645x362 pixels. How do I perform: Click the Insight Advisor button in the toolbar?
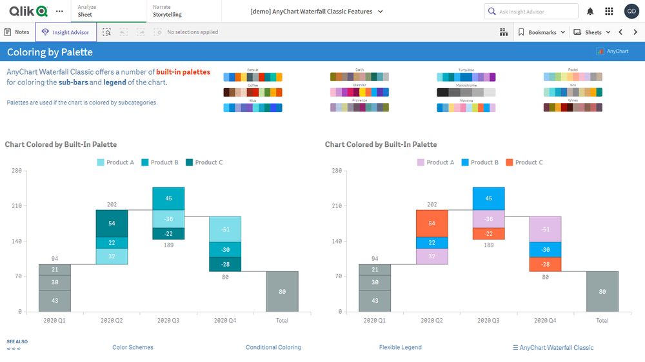click(x=66, y=32)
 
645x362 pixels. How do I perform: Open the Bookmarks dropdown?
click(x=542, y=32)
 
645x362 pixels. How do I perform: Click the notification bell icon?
click(x=590, y=12)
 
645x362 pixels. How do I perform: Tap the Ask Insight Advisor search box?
click(x=531, y=12)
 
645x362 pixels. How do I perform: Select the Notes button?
click(x=17, y=32)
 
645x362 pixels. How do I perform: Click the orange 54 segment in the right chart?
click(x=432, y=224)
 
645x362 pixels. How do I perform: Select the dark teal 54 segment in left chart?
click(x=112, y=224)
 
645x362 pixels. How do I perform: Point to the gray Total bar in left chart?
click(x=282, y=291)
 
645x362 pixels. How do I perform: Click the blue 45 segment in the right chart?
click(x=489, y=198)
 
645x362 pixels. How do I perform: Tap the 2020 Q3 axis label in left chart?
click(x=168, y=320)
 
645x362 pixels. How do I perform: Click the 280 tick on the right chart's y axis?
click(x=337, y=171)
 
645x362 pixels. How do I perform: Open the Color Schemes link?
click(x=133, y=347)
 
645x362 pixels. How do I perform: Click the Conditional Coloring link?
click(x=273, y=347)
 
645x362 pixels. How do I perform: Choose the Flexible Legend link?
click(x=400, y=347)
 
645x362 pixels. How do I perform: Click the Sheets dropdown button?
click(x=592, y=32)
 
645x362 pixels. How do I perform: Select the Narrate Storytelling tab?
click(x=167, y=11)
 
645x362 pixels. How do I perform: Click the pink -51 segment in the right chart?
click(x=546, y=229)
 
